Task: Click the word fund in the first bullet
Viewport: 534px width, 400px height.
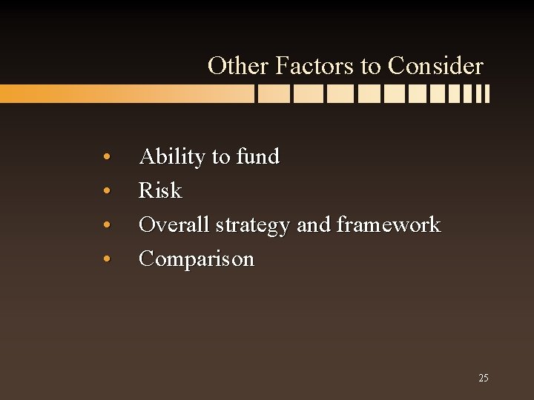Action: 257,156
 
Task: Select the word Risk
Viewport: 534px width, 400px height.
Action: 160,190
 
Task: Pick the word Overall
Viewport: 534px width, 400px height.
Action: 175,224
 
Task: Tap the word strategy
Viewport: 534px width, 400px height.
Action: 254,225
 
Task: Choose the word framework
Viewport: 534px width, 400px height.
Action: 389,224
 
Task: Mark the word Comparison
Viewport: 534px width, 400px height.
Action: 197,259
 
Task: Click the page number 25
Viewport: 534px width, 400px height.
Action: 483,378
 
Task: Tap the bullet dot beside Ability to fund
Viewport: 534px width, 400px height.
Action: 108,158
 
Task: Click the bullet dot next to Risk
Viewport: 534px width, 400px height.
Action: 108,192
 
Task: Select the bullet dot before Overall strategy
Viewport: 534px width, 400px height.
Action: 108,226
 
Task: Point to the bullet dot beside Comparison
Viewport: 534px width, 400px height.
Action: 108,260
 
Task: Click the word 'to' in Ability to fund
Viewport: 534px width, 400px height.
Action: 221,157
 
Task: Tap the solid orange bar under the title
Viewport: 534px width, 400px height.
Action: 111,94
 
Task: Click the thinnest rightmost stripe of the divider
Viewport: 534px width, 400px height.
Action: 487,94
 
